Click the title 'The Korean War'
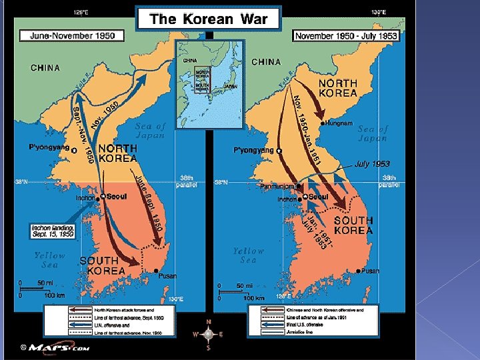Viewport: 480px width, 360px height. click(x=208, y=19)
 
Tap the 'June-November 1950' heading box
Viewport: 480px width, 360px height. click(x=67, y=35)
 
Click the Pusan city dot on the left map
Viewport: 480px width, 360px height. click(x=156, y=270)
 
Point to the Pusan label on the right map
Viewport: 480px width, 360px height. click(x=370, y=271)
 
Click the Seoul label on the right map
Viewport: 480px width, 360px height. click(x=318, y=197)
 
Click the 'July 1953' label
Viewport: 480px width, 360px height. click(x=372, y=163)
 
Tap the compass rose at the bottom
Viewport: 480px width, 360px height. click(x=208, y=333)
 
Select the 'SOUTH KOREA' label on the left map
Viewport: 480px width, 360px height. click(x=102, y=265)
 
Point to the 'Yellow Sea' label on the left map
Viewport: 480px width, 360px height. click(x=50, y=259)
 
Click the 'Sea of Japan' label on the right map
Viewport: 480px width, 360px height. click(x=372, y=133)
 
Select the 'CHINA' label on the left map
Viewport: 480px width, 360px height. click(x=45, y=67)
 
